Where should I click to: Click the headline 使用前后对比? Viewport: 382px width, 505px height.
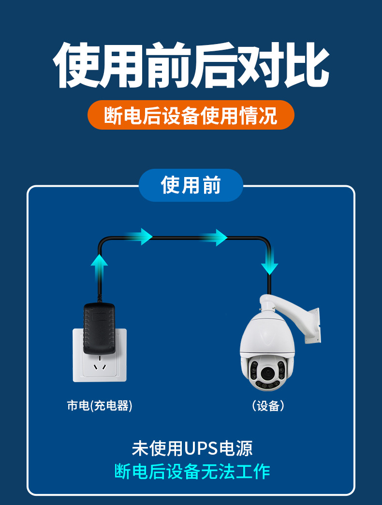(191, 65)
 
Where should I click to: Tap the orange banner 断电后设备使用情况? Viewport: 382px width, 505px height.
(191, 115)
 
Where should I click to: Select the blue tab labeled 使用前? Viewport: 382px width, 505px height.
(191, 185)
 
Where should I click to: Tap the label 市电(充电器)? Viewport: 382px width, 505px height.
(100, 405)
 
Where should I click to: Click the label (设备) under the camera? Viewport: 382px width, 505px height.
(268, 405)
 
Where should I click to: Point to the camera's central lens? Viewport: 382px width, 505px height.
(266, 372)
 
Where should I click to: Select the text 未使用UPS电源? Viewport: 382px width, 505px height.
(192, 448)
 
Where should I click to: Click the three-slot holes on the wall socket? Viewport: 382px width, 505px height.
(100, 367)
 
